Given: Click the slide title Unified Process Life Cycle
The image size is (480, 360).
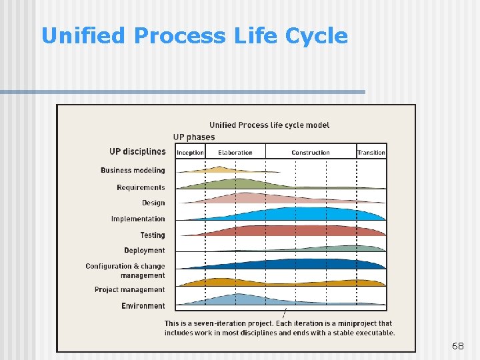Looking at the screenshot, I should pos(194,35).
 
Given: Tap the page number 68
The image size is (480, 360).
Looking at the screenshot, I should pos(457,346).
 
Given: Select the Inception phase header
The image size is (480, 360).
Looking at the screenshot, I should pos(190,153).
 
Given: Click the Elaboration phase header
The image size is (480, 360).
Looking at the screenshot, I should pos(235,153).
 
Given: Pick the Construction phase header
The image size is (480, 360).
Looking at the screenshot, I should pos(310,153).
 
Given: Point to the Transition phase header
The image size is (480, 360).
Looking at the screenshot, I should pos(371,153).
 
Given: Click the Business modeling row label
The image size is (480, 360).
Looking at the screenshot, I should pos(133,171).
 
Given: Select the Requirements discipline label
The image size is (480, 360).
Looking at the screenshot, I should pos(141,187).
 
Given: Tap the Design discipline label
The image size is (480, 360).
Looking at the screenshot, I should pos(153,203).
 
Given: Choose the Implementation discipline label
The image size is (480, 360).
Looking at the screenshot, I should pos(138,219).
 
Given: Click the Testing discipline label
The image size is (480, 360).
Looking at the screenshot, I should pos(153,235).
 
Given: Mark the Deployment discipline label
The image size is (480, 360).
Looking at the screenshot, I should pos(144,251).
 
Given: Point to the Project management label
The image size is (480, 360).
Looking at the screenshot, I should pos(129,290).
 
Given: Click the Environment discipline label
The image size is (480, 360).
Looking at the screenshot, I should pos(143,306).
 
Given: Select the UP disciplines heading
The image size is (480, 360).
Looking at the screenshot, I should pos(137,151).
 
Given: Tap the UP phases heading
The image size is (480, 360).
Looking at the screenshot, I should pos(194,137).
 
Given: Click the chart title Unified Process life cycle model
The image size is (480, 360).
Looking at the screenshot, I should pos(269,125).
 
